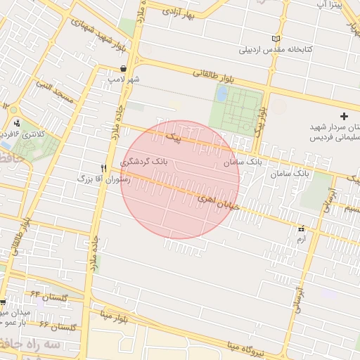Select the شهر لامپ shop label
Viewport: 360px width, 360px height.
pyautogui.click(x=124, y=79)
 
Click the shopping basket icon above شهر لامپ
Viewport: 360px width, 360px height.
pyautogui.click(x=124, y=69)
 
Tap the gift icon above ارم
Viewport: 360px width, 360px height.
pyautogui.click(x=302, y=229)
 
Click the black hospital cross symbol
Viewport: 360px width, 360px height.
pyautogui.click(x=343, y=115)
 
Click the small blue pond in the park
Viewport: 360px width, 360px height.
pyautogui.click(x=222, y=93)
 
